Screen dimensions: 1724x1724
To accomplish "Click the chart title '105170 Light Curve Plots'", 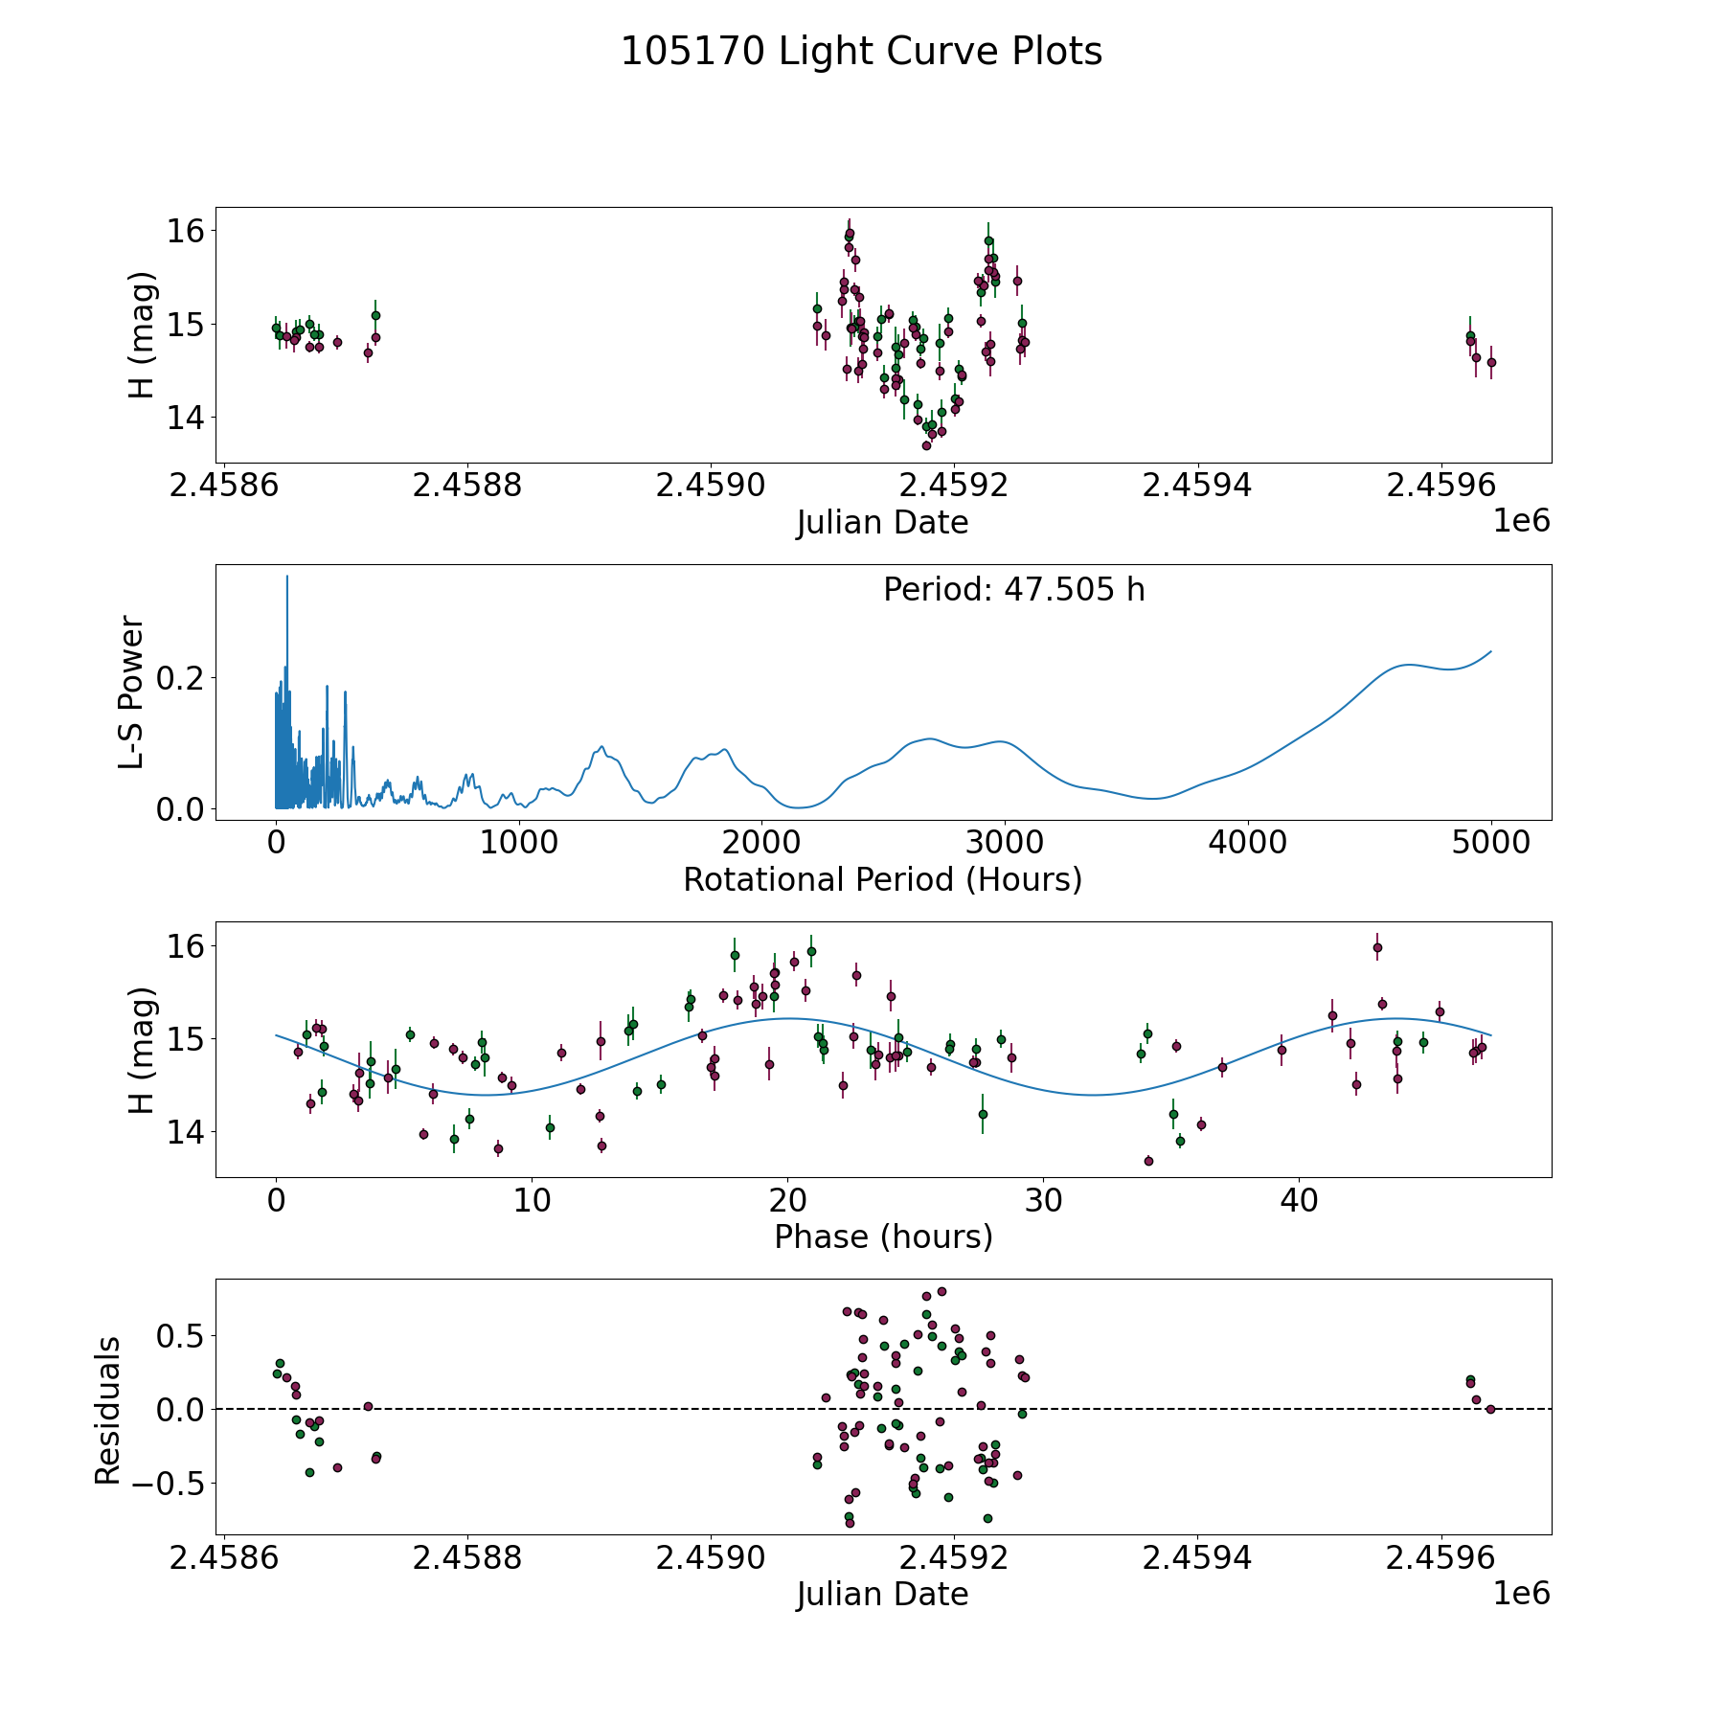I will (x=861, y=52).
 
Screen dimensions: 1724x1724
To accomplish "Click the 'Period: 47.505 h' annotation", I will (x=1013, y=590).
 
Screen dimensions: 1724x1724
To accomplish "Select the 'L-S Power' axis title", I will (x=132, y=692).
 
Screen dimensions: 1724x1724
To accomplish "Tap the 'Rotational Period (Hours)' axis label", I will (x=882, y=879).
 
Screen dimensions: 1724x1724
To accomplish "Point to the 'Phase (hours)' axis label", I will (x=882, y=1236).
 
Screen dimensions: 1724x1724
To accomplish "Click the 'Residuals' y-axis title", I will (x=108, y=1410).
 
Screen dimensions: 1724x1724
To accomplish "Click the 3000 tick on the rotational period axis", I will (x=1005, y=843).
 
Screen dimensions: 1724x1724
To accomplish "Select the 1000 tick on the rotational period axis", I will (x=518, y=843).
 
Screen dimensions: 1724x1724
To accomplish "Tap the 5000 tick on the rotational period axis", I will (x=1490, y=843).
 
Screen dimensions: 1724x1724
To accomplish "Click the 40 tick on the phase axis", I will (x=1299, y=1200).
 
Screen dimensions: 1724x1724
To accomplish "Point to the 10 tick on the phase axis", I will (x=532, y=1200).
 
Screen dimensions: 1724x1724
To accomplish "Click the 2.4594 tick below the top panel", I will (x=1196, y=486).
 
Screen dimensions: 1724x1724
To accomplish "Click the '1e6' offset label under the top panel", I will (x=1521, y=521).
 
